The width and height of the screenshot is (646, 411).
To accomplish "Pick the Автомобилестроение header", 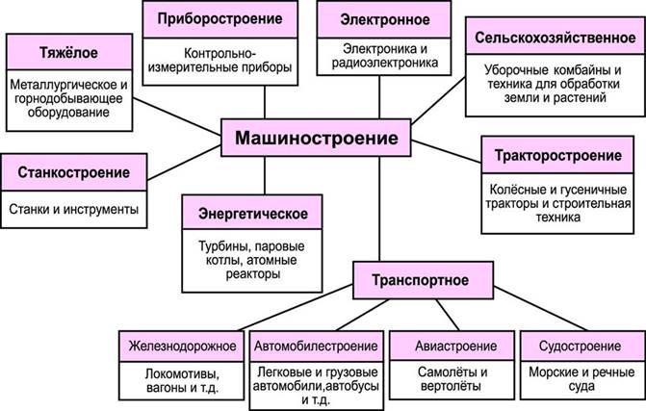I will coord(318,345).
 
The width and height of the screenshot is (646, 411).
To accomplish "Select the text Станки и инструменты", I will coord(74,209).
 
